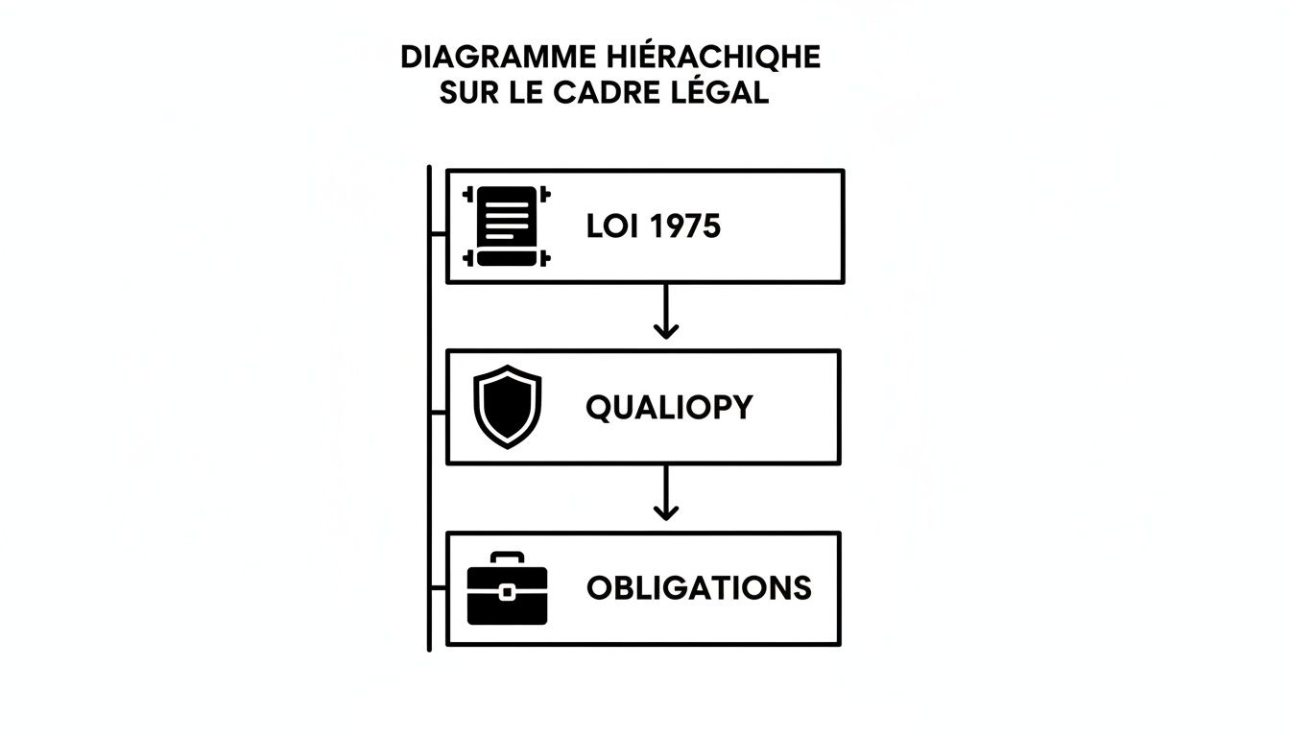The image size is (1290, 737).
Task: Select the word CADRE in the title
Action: click(x=609, y=94)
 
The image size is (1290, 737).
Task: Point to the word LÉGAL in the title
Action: click(x=723, y=94)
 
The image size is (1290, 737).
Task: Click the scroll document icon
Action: click(x=508, y=226)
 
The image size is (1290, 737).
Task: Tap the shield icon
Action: click(x=508, y=407)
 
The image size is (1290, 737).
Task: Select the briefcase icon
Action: click(x=507, y=588)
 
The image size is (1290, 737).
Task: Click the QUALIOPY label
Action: click(x=669, y=408)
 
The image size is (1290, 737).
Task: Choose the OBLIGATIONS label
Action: click(x=699, y=588)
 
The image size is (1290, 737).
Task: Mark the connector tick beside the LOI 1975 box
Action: click(x=439, y=233)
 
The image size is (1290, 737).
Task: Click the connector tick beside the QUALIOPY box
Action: click(x=439, y=413)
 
